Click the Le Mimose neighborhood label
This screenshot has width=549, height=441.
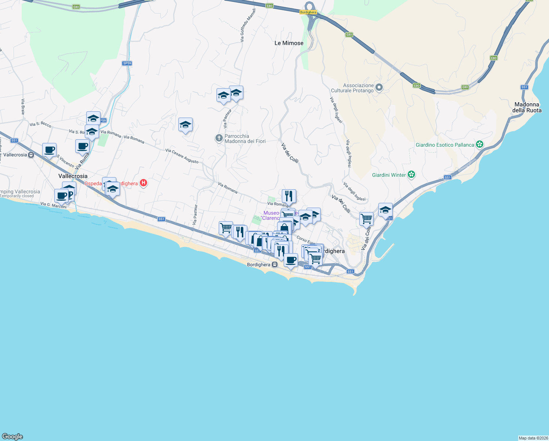click(289, 43)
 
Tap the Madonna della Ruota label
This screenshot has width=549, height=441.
click(527, 107)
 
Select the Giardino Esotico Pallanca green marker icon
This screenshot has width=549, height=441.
click(480, 144)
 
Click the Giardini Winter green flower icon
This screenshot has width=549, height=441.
click(411, 175)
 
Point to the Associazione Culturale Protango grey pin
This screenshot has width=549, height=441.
click(379, 87)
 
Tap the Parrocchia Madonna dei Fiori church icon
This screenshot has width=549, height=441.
click(219, 138)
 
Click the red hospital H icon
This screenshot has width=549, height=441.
click(143, 183)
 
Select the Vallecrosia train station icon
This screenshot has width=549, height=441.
click(31, 155)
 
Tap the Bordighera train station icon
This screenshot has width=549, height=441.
click(274, 265)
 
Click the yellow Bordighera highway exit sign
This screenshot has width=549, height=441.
click(308, 12)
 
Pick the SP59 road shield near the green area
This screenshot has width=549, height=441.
click(127, 63)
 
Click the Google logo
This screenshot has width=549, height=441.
click(12, 437)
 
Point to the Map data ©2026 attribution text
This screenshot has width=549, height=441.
click(533, 438)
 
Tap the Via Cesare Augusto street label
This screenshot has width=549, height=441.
click(182, 156)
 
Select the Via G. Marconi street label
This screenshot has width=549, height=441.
click(54, 205)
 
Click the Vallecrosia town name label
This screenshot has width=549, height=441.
click(73, 176)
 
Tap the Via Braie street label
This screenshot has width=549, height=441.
click(23, 107)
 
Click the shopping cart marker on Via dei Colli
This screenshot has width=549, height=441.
click(366, 219)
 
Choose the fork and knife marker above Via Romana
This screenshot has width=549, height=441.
click(289, 196)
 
